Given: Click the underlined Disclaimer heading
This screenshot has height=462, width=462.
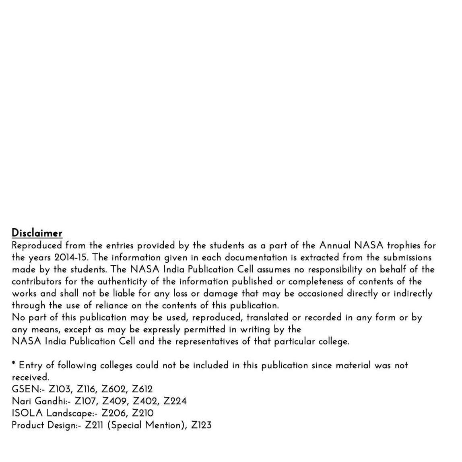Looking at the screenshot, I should (37, 233).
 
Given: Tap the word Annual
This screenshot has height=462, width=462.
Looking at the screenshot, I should (335, 245).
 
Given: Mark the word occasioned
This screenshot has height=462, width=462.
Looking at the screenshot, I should (320, 293).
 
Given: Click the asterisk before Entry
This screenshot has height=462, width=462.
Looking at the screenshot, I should (14, 364).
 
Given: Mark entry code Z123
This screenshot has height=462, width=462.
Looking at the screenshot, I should (201, 425).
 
